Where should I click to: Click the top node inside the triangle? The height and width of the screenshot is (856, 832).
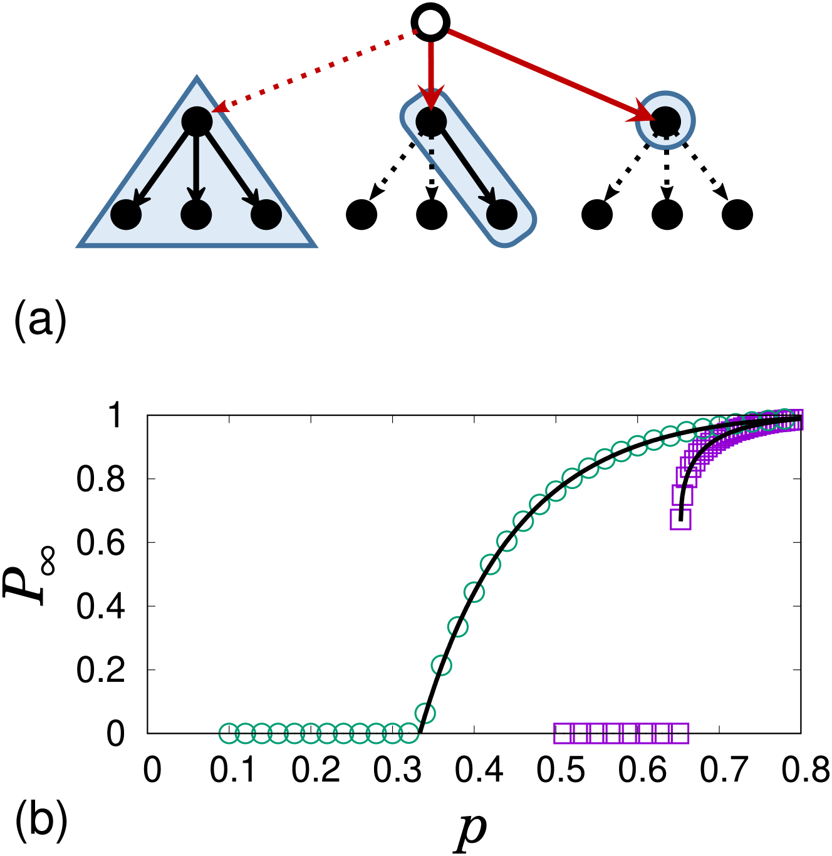pyautogui.click(x=197, y=121)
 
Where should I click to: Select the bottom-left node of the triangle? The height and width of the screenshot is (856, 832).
pyautogui.click(x=126, y=215)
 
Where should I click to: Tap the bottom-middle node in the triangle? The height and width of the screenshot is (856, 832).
pyautogui.click(x=196, y=215)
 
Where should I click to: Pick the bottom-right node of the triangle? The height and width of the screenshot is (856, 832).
pyautogui.click(x=266, y=215)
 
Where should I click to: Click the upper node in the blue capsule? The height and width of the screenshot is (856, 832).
pyautogui.click(x=431, y=121)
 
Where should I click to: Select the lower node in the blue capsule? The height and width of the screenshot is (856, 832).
pyautogui.click(x=502, y=215)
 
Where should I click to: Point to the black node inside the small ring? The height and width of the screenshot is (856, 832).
pyautogui.click(x=665, y=121)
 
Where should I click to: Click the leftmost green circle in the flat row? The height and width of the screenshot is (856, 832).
pyautogui.click(x=229, y=733)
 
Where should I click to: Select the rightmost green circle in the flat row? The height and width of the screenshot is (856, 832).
pyautogui.click(x=408, y=733)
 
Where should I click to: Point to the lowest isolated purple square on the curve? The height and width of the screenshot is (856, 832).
pyautogui.click(x=680, y=519)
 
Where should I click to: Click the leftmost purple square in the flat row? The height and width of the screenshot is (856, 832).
pyautogui.click(x=563, y=733)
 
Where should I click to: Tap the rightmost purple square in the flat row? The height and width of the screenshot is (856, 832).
pyautogui.click(x=680, y=733)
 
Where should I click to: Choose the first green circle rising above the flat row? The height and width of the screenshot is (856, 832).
pyautogui.click(x=425, y=713)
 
